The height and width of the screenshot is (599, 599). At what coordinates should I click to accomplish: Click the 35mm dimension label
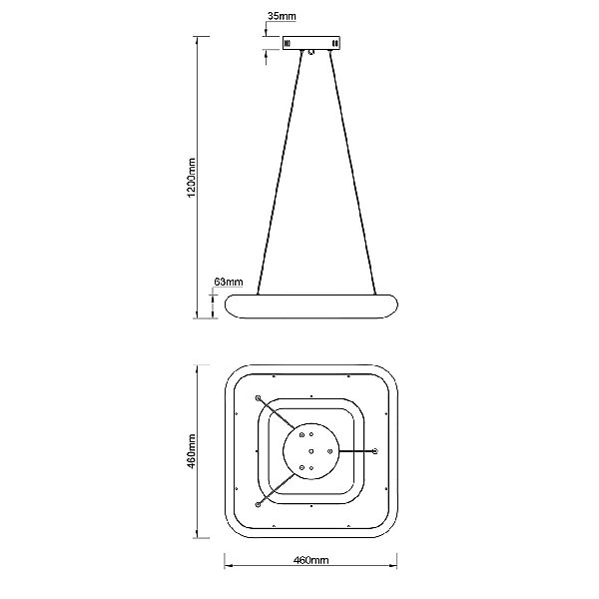point(282,16)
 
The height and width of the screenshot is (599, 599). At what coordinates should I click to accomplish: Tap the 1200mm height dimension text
point(191,178)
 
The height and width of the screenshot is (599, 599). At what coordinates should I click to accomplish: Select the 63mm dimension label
point(229,282)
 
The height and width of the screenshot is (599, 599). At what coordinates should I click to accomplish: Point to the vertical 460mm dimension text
point(191,451)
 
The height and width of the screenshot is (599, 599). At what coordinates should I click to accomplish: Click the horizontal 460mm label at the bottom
point(310,560)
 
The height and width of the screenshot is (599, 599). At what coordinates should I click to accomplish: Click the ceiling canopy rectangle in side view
point(310,43)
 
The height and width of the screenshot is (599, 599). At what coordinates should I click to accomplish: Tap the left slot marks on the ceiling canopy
point(288,43)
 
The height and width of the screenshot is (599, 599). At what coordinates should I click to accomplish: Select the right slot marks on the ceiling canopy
point(335,43)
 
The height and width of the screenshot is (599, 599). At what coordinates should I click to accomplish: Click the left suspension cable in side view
point(280,173)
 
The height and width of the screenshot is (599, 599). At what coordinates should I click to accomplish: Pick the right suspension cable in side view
point(352,173)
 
